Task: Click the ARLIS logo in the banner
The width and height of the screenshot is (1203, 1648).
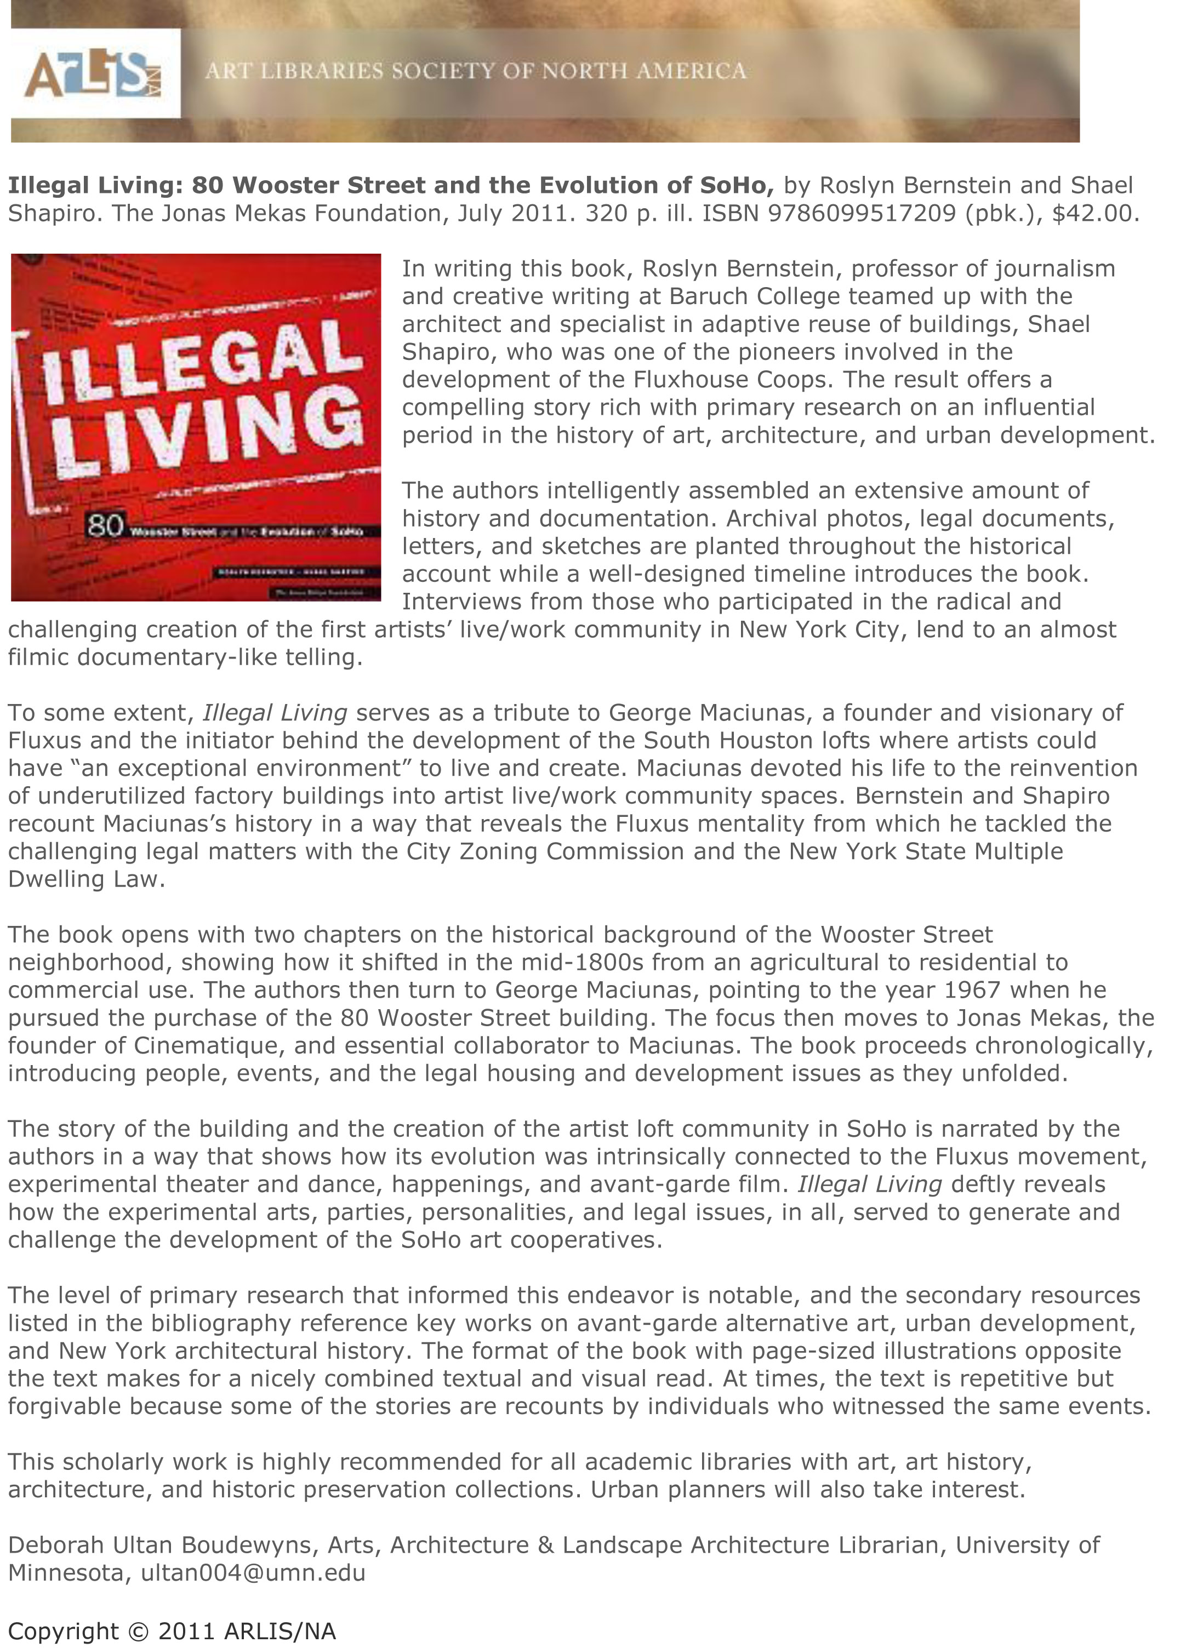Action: (x=93, y=73)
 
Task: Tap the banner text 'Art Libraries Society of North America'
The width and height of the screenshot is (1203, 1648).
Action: (x=476, y=71)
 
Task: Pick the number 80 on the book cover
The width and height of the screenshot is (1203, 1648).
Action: (x=105, y=525)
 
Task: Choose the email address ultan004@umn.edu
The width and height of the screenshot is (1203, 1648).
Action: (x=253, y=1573)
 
